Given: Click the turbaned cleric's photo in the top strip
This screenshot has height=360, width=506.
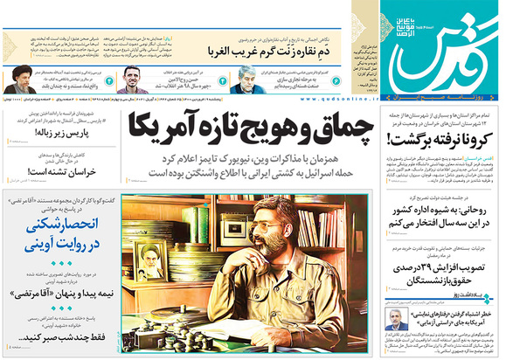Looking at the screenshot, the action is point(17,83).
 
